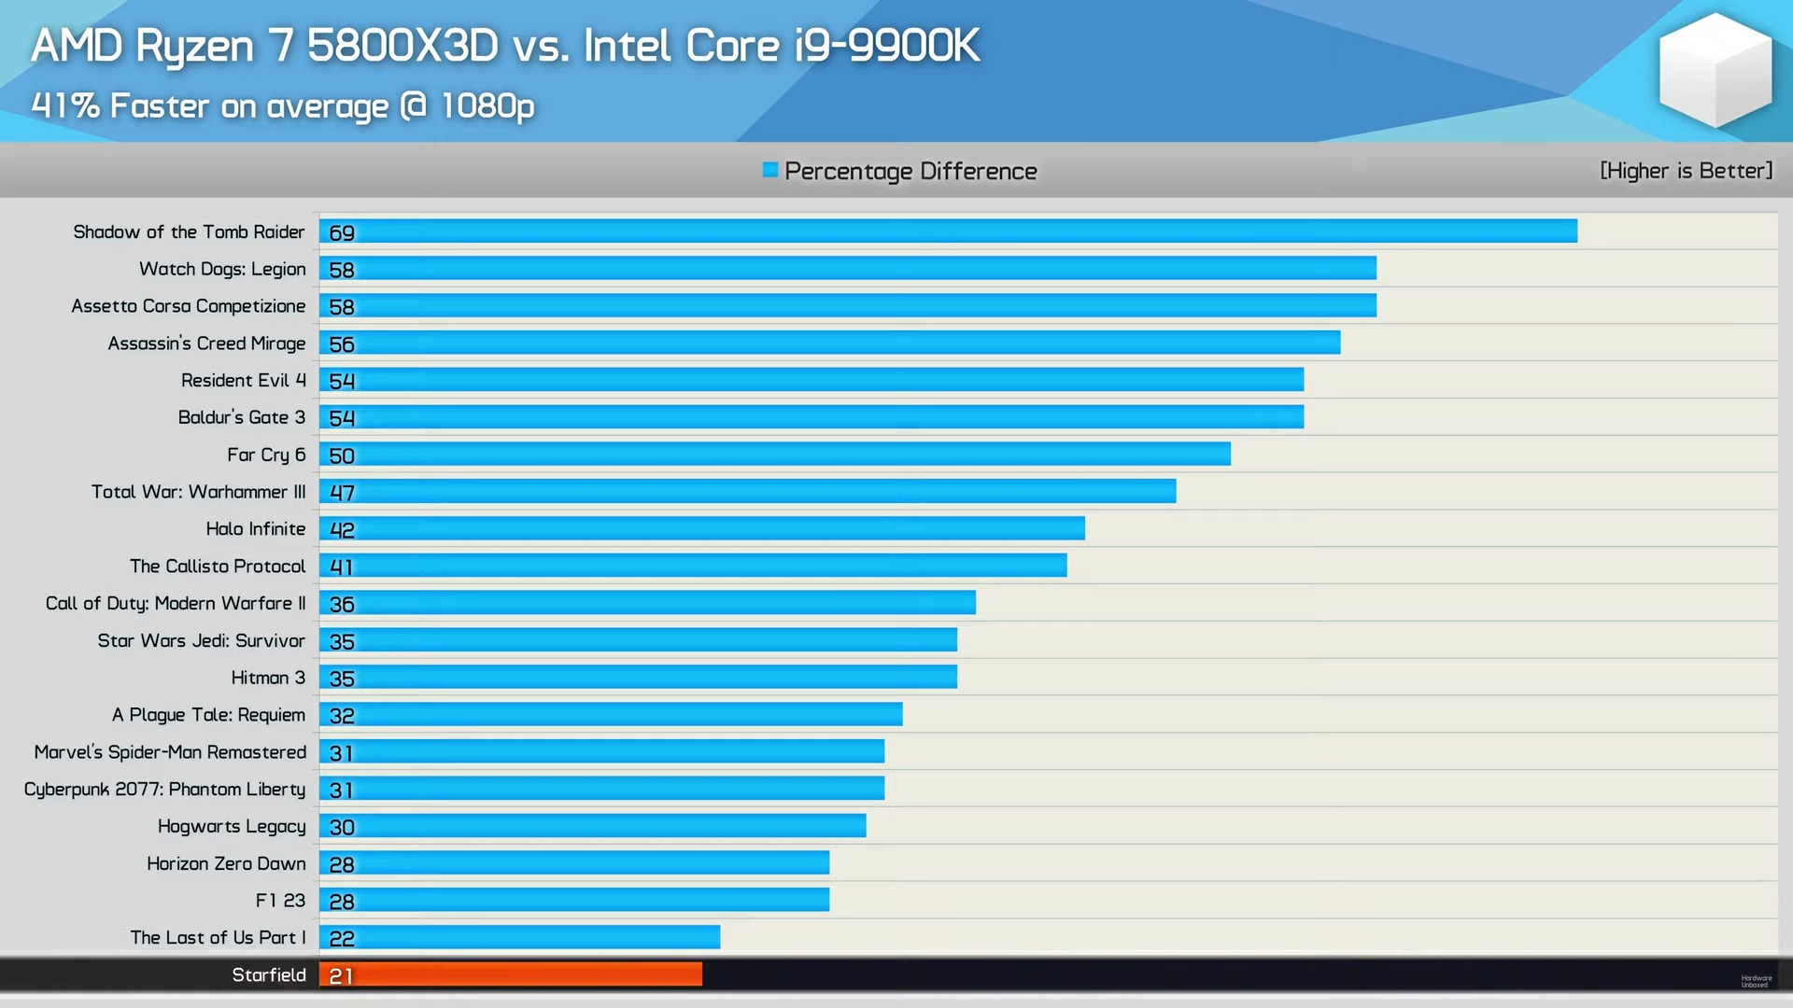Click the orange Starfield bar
click(x=511, y=974)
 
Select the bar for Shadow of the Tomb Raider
click(x=948, y=231)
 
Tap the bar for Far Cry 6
click(x=775, y=455)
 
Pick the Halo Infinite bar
click(x=702, y=529)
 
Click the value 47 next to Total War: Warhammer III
click(x=342, y=493)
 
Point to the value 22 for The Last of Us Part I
click(x=342, y=938)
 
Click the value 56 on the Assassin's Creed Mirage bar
click(x=342, y=344)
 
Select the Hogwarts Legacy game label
click(x=232, y=827)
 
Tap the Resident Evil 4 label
click(x=243, y=381)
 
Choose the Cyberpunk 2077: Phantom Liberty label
click(x=164, y=790)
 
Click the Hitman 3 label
click(x=268, y=678)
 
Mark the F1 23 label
click(x=280, y=901)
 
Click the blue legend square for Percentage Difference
click(x=769, y=170)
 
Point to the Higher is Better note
click(x=1686, y=171)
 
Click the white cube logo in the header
click(x=1715, y=70)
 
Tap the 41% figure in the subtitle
click(x=65, y=105)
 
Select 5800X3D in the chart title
click(x=402, y=46)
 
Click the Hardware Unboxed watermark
click(x=1756, y=981)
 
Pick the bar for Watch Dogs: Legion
click(x=848, y=269)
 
